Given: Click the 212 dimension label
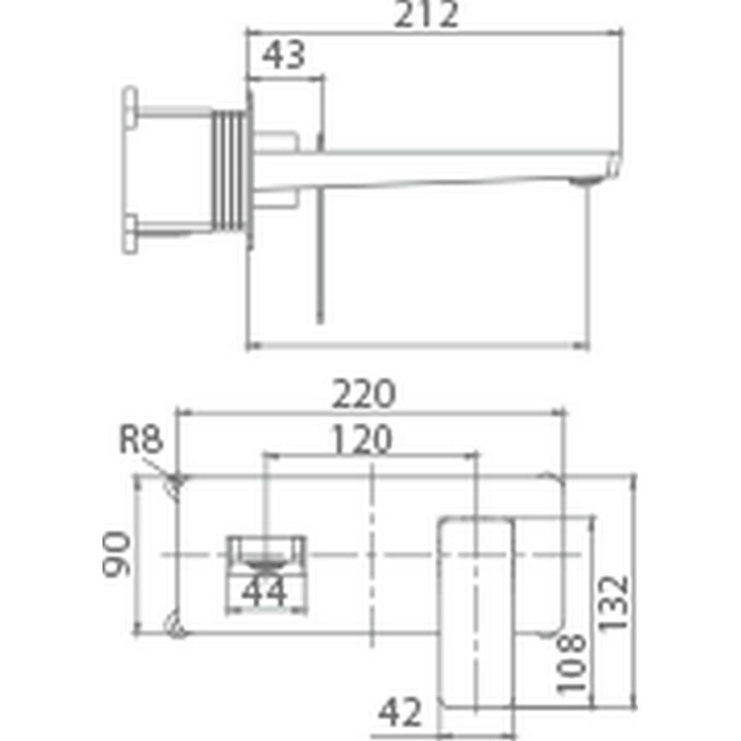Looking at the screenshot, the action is tap(426, 15).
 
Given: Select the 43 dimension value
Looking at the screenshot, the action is tap(284, 56).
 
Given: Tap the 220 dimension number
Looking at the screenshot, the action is tap(363, 394).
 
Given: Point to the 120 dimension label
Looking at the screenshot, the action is tap(361, 440).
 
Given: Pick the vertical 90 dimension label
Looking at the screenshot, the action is tap(117, 555).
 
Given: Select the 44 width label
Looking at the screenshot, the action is tap(264, 593).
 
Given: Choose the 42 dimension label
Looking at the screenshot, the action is tap(400, 713).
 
